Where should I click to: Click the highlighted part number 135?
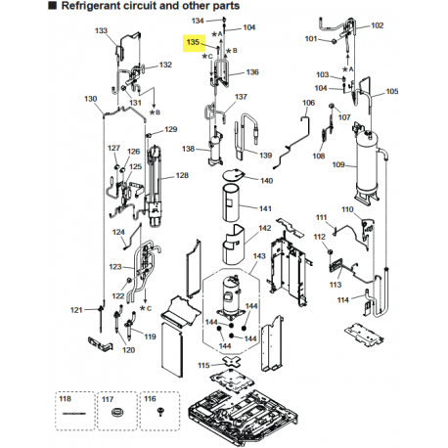(193, 42)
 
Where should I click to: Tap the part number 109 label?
(338, 164)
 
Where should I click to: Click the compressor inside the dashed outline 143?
(232, 295)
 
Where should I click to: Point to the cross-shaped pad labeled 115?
(232, 362)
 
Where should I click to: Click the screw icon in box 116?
(159, 412)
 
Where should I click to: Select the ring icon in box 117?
(116, 413)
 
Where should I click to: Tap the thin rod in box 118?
(74, 414)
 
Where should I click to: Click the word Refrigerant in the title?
(90, 6)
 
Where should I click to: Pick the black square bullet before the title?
(52, 5)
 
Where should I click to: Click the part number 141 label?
(265, 208)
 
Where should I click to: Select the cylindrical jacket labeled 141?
(231, 202)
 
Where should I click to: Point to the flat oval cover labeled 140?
(234, 174)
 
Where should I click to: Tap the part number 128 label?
(182, 175)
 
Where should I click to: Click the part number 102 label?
(378, 25)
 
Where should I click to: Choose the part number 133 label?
(101, 30)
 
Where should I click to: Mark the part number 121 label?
(76, 310)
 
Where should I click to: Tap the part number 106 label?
(308, 103)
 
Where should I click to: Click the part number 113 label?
(336, 285)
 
